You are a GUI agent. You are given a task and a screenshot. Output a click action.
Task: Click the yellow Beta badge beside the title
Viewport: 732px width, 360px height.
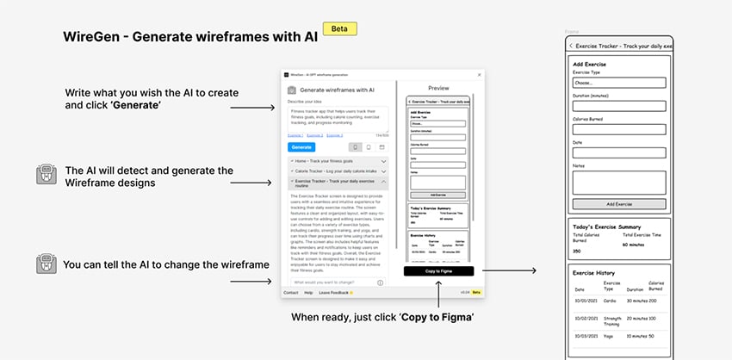[x=339, y=28]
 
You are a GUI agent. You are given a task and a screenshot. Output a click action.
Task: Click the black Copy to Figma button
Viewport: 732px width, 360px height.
[x=438, y=270]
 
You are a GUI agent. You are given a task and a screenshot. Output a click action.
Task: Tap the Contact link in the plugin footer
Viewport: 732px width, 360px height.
[x=290, y=293]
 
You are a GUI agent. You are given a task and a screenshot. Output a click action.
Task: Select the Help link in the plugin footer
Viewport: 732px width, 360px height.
[x=308, y=293]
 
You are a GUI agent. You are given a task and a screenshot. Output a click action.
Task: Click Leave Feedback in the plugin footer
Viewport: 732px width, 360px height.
[x=335, y=293]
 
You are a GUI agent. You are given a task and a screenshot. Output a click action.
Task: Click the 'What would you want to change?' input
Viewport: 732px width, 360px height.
[x=332, y=282]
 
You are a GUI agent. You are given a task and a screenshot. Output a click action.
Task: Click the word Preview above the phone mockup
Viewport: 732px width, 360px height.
[x=438, y=88]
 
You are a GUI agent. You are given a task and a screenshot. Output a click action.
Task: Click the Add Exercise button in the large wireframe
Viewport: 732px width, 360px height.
[x=619, y=204]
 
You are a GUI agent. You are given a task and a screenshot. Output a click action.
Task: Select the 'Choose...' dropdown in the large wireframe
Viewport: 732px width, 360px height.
[x=619, y=84]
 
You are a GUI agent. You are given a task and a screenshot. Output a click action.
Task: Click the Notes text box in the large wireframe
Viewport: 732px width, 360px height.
[x=619, y=182]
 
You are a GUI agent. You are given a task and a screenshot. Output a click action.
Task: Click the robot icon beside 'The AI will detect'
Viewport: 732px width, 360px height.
[x=47, y=175]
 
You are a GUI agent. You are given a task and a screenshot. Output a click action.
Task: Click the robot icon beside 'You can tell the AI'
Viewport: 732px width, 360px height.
[x=47, y=264]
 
